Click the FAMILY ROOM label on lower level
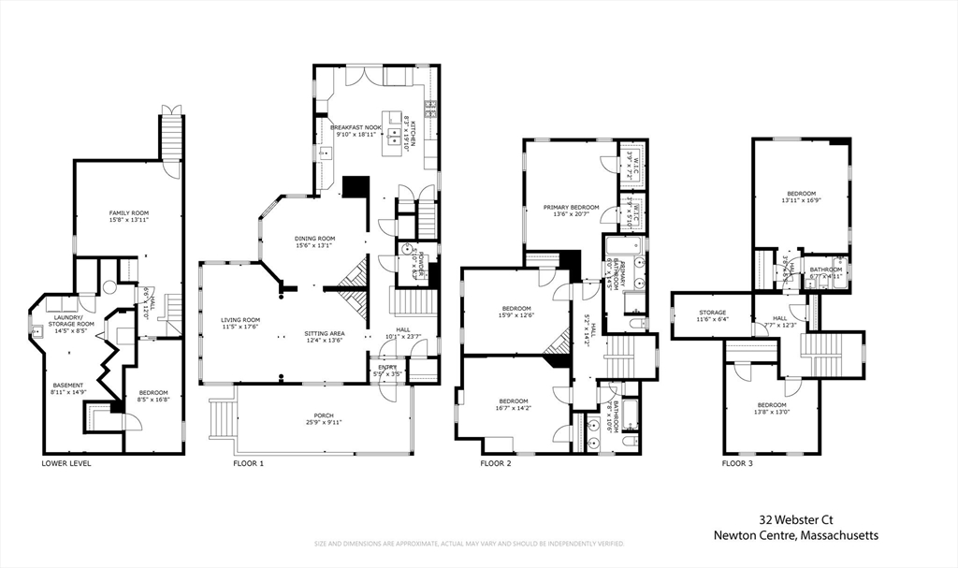[128, 213]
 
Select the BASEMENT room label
[66, 386]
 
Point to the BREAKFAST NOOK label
[355, 127]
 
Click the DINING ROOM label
[314, 239]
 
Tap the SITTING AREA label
[325, 333]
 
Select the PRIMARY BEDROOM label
[572, 207]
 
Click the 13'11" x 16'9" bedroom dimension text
[801, 200]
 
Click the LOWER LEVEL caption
[66, 463]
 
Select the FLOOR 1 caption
[248, 463]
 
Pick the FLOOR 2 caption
[496, 463]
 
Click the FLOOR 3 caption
[737, 463]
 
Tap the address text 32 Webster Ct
[794, 518]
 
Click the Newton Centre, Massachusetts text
[795, 535]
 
